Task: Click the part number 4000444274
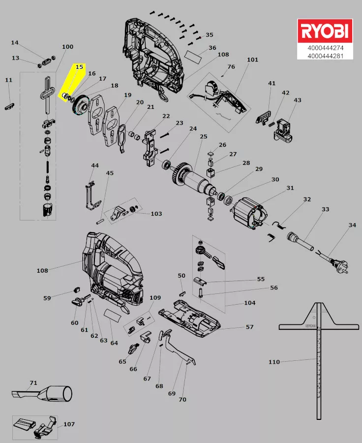325,48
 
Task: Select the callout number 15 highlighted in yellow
79,66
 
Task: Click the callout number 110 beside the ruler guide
274,362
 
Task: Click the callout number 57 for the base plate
249,327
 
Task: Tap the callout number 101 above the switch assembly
252,60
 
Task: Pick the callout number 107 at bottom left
69,424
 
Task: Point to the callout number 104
249,303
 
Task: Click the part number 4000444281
325,56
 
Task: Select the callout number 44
95,165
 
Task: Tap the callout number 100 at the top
67,47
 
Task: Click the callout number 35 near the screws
210,35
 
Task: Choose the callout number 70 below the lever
182,400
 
